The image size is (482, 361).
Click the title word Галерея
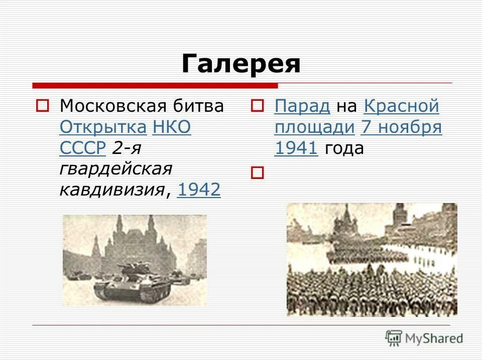[x=240, y=64]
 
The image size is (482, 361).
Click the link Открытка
[x=103, y=127]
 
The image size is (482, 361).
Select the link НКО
[x=171, y=127]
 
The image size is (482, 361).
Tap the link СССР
[x=82, y=148]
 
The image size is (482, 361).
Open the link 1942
[x=199, y=190]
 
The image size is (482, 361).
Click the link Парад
[x=302, y=106]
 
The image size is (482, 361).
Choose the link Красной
[x=401, y=106]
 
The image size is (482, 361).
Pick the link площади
[x=314, y=127]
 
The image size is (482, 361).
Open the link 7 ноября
[x=401, y=127]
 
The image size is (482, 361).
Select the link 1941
[x=296, y=148]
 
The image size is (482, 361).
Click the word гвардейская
[x=115, y=169]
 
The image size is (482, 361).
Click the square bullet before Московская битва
[x=42, y=106]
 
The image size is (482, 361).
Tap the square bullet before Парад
[x=258, y=106]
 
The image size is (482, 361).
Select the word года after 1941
[x=344, y=148]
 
